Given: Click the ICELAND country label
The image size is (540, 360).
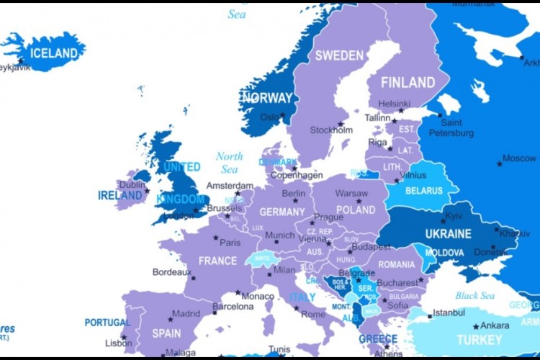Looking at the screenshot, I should pyautogui.click(x=53, y=53).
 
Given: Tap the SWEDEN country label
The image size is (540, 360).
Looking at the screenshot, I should pyautogui.click(x=339, y=55).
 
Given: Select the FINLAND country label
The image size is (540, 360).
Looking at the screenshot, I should pyautogui.click(x=408, y=82).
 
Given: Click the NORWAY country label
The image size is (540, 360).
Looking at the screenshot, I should pyautogui.click(x=267, y=98).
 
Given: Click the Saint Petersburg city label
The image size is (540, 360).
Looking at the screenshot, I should pyautogui.click(x=451, y=128).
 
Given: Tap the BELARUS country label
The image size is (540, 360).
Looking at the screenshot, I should pyautogui.click(x=424, y=191).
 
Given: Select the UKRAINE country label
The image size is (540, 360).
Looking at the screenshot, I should pyautogui.click(x=448, y=234).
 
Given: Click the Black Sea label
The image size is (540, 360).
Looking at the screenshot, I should pyautogui.click(x=474, y=295).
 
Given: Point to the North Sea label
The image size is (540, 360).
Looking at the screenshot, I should pyautogui.click(x=229, y=163).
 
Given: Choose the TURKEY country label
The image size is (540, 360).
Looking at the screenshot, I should pyautogui.click(x=479, y=339).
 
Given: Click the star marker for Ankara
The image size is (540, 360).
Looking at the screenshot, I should pyautogui.click(x=474, y=327).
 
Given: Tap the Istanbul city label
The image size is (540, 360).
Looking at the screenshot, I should pyautogui.click(x=449, y=312).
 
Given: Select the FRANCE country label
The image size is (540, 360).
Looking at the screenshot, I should pyautogui.click(x=217, y=261).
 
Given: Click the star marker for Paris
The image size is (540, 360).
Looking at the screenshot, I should pyautogui.click(x=215, y=237).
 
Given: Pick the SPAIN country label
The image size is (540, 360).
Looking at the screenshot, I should pyautogui.click(x=166, y=333).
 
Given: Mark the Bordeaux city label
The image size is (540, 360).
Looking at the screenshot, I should pyautogui.click(x=172, y=272).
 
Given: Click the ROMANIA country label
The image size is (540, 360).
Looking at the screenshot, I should pyautogui.click(x=397, y=264).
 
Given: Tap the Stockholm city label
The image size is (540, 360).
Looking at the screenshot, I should pyautogui.click(x=331, y=130).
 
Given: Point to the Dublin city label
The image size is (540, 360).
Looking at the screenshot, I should pyautogui.click(x=132, y=184).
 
